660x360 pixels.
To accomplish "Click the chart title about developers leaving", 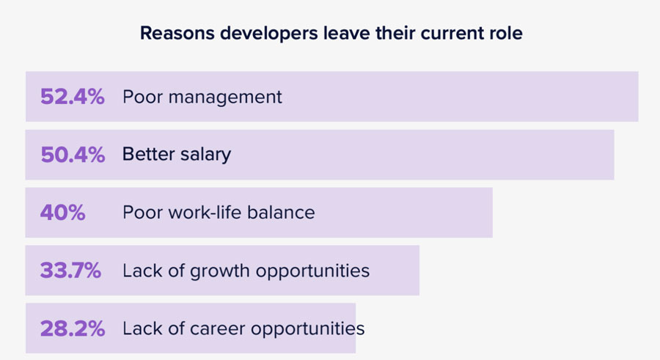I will point(331,34).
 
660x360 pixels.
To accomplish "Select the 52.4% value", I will point(72,97).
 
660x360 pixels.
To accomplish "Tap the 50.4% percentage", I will point(72,155).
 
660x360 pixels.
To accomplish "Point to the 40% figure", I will point(62,213).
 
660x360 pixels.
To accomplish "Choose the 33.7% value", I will point(70,271).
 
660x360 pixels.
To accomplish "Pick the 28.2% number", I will point(72,328).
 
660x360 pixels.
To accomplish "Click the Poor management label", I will point(202,97).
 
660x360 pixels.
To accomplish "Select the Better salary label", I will point(177,155).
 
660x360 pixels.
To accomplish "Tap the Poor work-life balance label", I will point(219,213).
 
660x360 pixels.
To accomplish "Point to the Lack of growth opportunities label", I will point(246,271).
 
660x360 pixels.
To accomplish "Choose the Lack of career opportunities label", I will point(243,328).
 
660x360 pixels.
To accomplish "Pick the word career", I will point(218,328).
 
